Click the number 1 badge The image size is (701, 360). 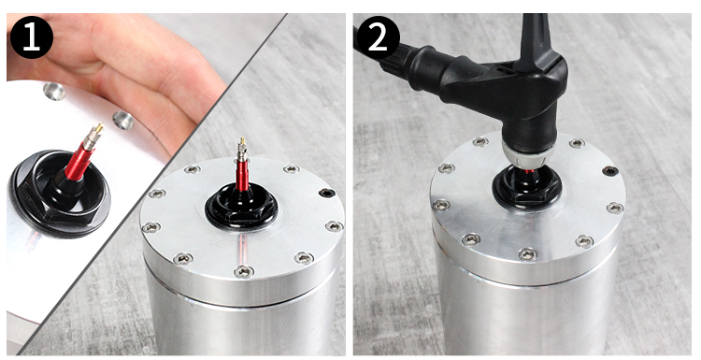(31, 37)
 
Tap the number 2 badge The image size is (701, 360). (378, 37)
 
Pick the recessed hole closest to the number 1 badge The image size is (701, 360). (54, 92)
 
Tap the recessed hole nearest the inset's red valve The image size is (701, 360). (123, 121)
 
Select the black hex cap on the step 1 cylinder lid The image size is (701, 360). (241, 210)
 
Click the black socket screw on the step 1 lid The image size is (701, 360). (325, 194)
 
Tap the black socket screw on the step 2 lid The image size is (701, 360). (610, 171)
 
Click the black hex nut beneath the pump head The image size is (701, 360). (527, 189)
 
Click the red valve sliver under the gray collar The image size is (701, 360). (528, 170)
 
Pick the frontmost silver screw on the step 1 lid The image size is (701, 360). (244, 270)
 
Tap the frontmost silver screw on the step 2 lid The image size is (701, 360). (528, 254)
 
